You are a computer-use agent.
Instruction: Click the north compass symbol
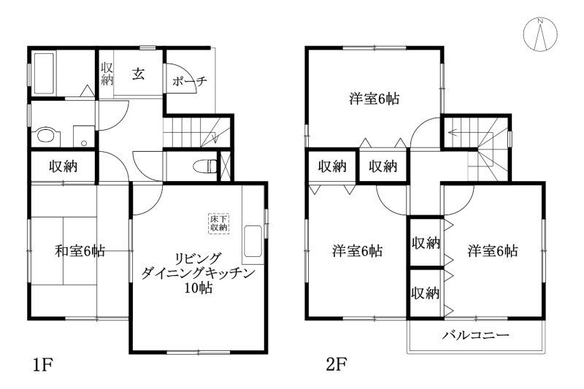click(540, 33)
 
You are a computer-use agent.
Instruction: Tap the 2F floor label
click(337, 363)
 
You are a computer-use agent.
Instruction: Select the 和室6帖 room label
click(80, 252)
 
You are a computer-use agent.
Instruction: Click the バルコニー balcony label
click(475, 336)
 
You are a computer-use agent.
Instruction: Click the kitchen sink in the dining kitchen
click(253, 240)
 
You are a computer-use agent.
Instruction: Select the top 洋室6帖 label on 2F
click(373, 99)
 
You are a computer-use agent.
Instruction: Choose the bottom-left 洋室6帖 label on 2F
click(357, 251)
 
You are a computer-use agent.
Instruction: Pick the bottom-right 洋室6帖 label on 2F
click(493, 251)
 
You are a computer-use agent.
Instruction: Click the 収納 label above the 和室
click(63, 166)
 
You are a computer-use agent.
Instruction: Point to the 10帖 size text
click(198, 288)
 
